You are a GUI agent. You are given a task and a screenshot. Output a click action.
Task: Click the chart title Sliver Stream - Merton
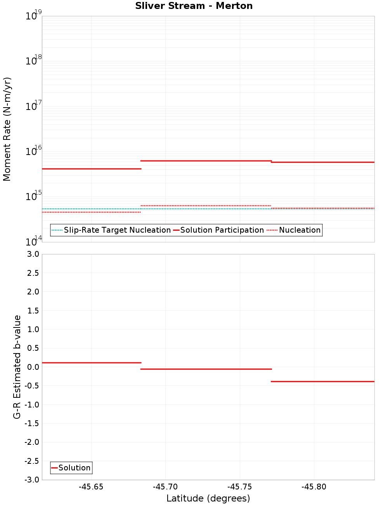[194, 6]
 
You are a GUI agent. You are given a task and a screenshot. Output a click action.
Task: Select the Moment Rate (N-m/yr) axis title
[7, 129]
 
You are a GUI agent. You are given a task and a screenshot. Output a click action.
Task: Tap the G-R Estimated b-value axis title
[17, 367]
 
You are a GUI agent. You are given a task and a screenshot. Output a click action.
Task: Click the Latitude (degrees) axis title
[208, 498]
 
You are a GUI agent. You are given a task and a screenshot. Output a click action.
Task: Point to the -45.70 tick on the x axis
[165, 487]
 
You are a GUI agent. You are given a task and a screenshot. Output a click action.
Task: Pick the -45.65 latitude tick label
[91, 487]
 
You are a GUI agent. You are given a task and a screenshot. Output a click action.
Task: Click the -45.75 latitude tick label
[240, 487]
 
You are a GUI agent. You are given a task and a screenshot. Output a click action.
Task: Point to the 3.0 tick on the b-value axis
[33, 254]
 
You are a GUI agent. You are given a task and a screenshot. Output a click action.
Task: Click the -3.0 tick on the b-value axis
[32, 480]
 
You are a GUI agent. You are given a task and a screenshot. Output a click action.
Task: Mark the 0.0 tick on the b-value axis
[33, 367]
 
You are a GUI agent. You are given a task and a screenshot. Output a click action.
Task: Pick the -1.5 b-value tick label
[32, 423]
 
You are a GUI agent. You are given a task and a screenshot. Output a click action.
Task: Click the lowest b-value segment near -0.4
[322, 381]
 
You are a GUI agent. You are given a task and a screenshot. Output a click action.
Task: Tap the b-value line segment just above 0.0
[91, 363]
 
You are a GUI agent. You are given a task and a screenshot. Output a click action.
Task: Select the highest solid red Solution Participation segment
[206, 161]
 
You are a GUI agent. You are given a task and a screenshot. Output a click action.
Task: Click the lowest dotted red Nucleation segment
[91, 212]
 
